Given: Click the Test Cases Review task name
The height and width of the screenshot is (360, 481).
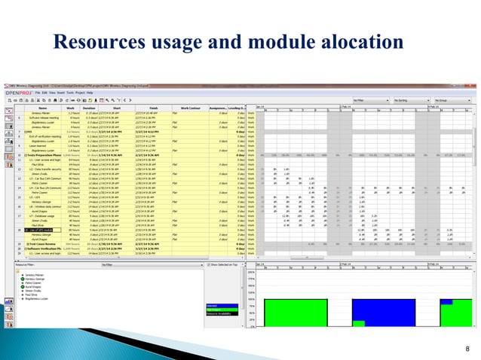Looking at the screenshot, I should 44,245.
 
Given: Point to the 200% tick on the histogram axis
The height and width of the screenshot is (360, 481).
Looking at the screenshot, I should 253,273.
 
